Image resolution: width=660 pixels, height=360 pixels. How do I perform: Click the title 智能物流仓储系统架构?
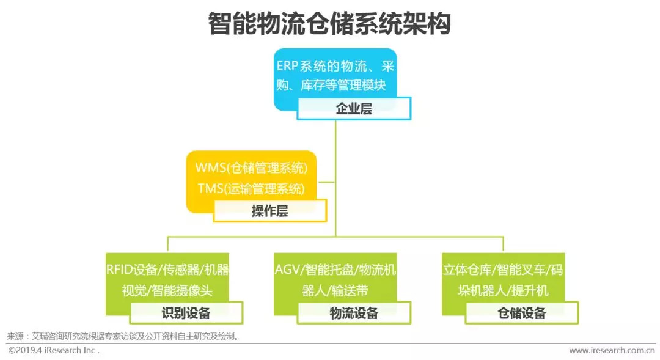click(x=329, y=23)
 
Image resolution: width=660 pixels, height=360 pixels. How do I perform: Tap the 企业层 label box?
click(x=354, y=109)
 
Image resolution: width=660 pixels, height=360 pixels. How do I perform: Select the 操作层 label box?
click(x=270, y=210)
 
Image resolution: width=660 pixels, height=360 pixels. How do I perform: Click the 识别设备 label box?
click(x=186, y=313)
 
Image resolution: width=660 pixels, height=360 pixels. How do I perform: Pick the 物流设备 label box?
click(x=354, y=313)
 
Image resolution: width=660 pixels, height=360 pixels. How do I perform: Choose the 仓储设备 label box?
click(x=522, y=313)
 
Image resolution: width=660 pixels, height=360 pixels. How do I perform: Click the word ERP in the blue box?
click(x=287, y=66)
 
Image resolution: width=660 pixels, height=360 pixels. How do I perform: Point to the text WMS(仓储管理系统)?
click(x=251, y=167)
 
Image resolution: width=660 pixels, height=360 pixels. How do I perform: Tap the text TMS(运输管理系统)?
click(x=251, y=188)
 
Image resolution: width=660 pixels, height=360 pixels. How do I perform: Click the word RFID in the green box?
click(x=119, y=269)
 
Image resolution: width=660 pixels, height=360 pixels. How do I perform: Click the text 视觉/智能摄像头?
click(x=167, y=290)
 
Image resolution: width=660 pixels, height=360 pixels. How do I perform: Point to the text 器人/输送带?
click(x=335, y=290)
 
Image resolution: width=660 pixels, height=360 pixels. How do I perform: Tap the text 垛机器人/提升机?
click(x=503, y=290)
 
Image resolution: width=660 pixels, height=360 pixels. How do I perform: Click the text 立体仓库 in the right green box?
click(x=467, y=269)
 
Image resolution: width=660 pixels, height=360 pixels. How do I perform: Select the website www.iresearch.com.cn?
click(x=612, y=350)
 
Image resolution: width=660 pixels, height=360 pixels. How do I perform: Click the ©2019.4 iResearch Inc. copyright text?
click(x=53, y=350)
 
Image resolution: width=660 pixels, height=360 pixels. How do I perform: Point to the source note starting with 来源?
click(x=123, y=336)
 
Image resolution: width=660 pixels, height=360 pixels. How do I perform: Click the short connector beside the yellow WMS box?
click(x=326, y=182)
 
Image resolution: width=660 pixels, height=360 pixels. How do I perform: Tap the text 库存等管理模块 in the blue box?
click(x=343, y=86)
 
